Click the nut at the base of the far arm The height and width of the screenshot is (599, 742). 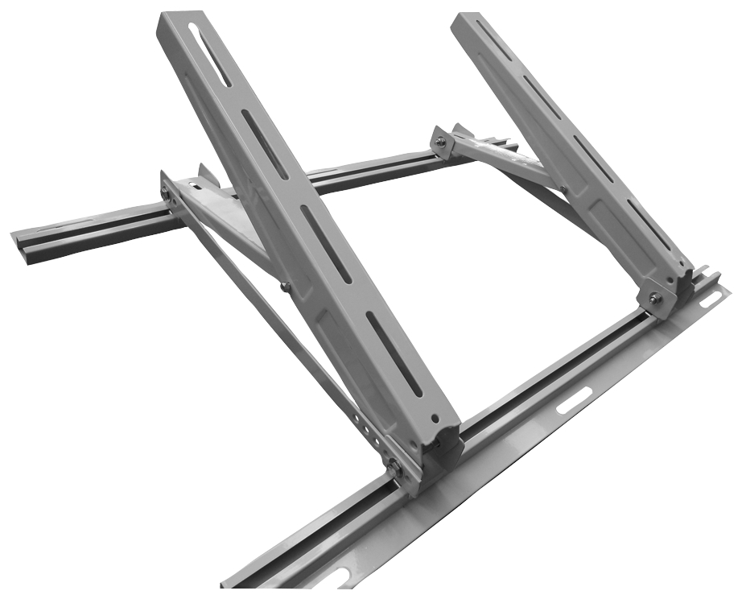pos(656,299)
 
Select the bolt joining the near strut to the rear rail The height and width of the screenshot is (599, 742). pos(167,193)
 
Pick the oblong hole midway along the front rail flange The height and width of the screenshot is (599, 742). pos(573,400)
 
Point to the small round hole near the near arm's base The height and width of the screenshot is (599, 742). pos(435,419)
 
